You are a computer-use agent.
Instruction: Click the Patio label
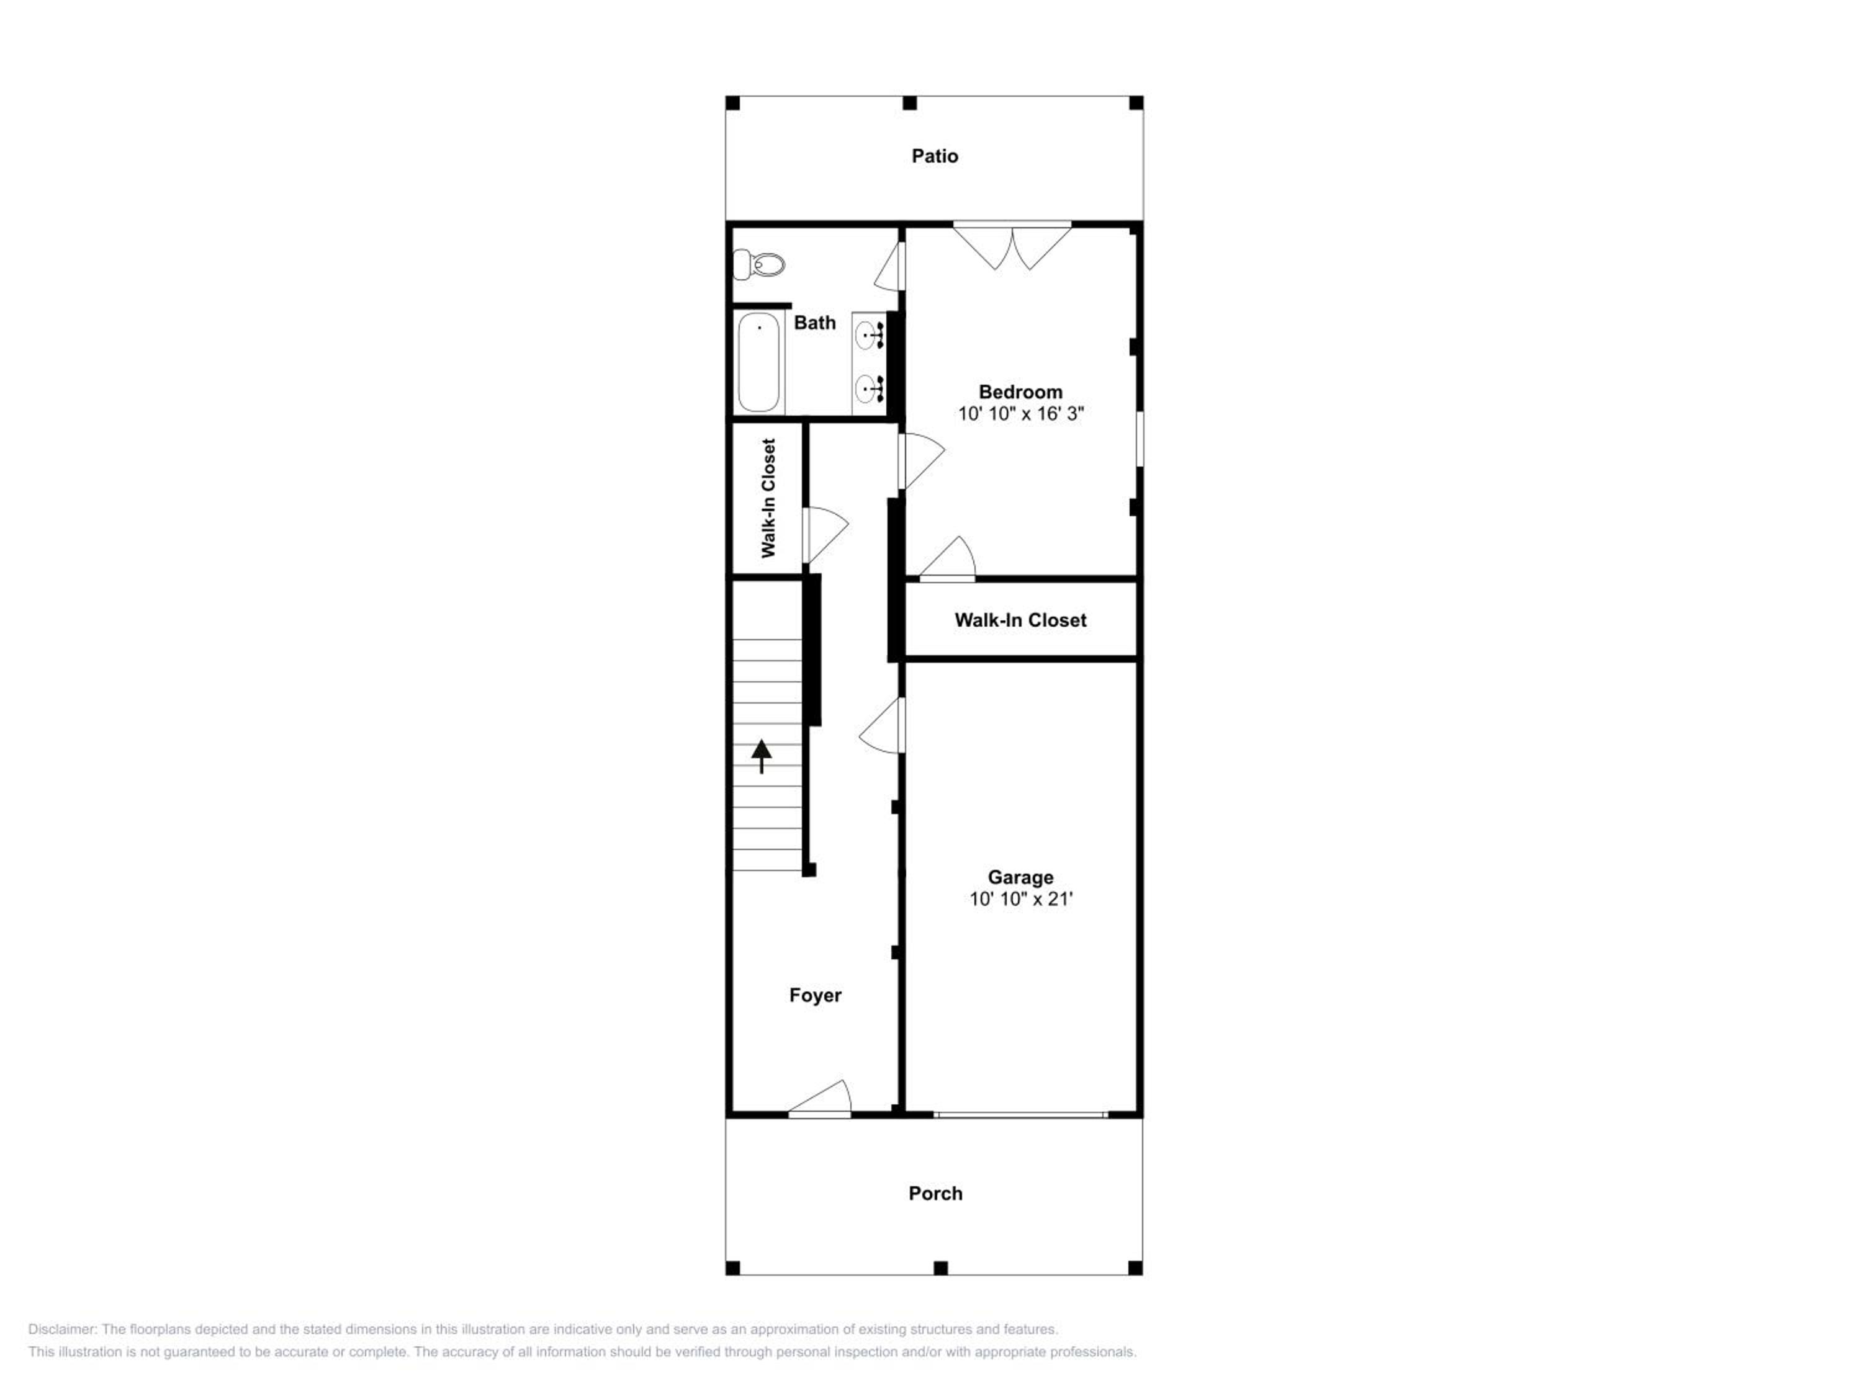[x=934, y=156]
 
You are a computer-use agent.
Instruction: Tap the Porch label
[x=935, y=1193]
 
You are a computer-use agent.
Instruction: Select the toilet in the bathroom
[x=758, y=265]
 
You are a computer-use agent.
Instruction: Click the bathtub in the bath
[x=758, y=362]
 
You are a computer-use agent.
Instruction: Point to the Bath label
[x=815, y=322]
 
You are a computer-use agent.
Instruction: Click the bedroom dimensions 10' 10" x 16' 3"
[x=1020, y=413]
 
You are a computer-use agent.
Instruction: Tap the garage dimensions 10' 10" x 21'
[x=1020, y=898]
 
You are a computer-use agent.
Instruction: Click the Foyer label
[x=815, y=995]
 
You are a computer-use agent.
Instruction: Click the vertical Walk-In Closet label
[x=768, y=498]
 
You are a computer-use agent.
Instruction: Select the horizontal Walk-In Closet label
[x=1020, y=620]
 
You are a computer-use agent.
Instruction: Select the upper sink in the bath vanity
[x=868, y=336]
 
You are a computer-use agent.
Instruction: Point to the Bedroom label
[x=1020, y=392]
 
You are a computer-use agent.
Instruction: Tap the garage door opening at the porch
[x=1020, y=1115]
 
